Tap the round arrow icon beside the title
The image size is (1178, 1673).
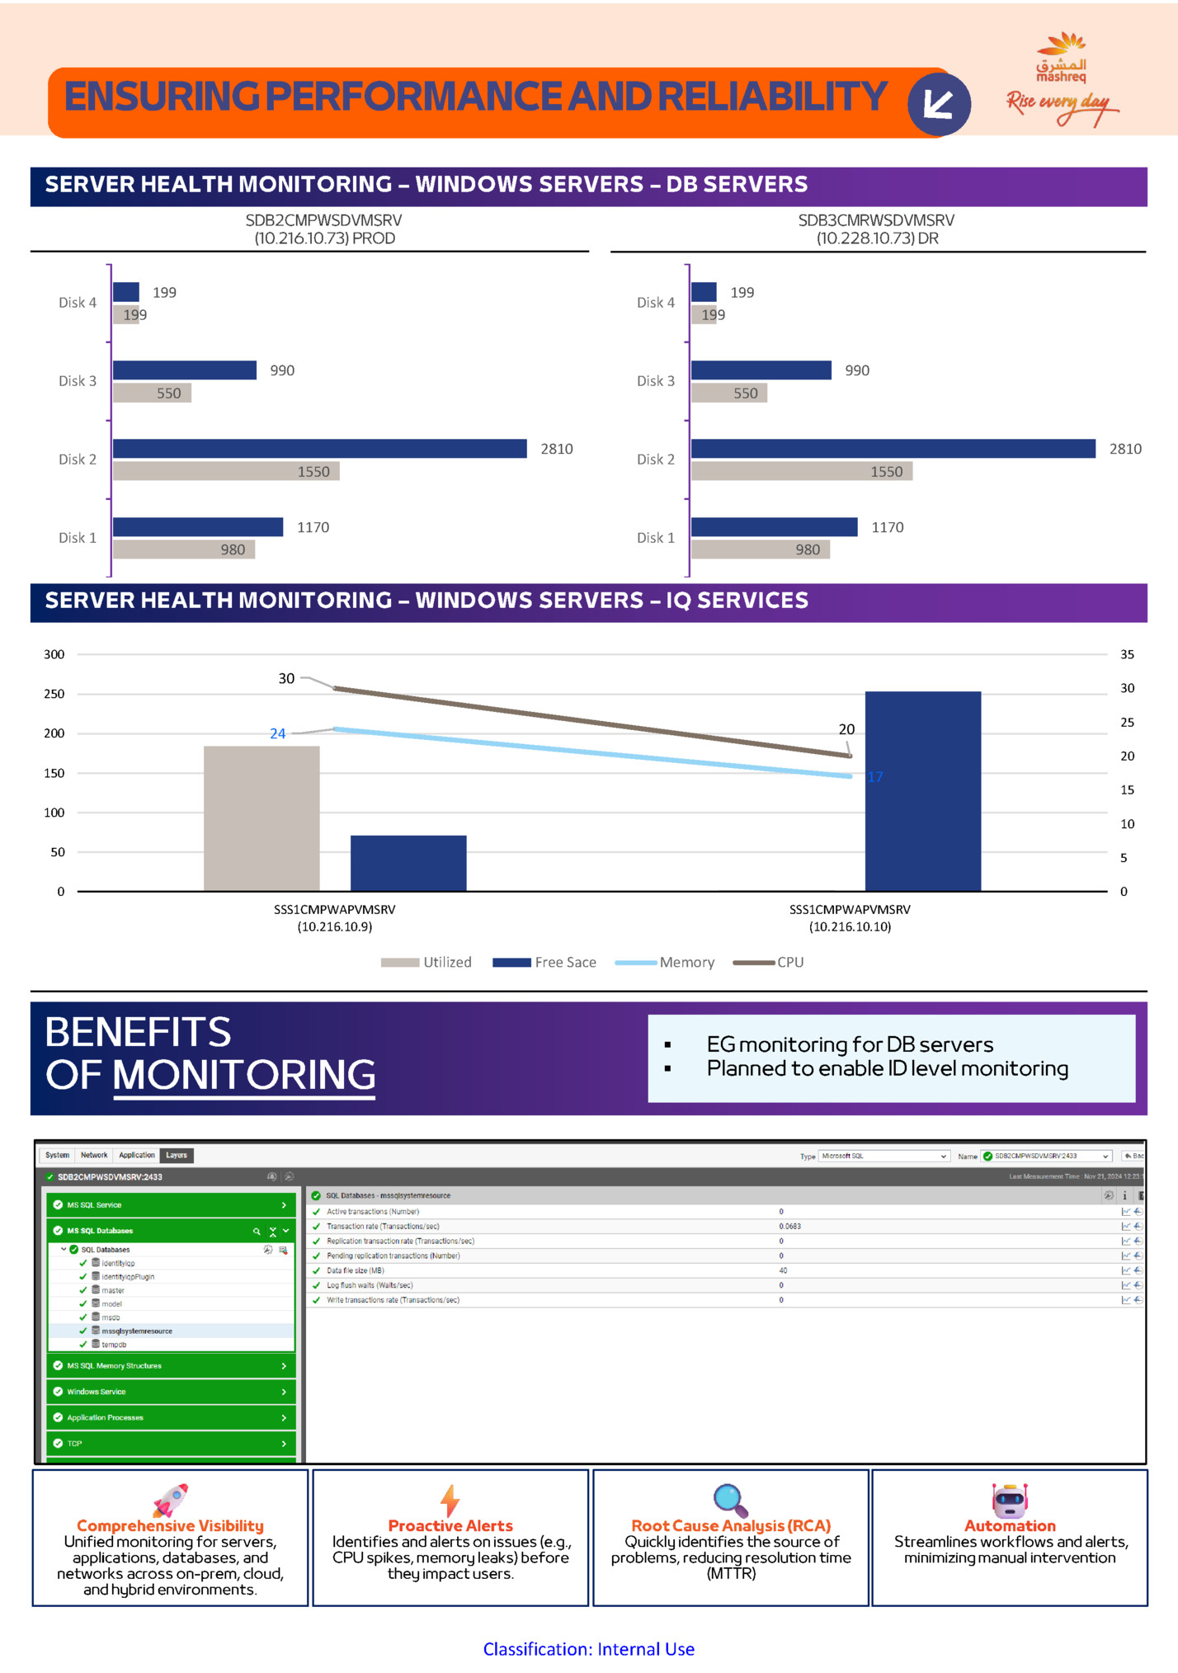[939, 104]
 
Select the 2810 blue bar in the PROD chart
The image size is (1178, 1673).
[319, 448]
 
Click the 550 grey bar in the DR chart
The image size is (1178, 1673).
[728, 393]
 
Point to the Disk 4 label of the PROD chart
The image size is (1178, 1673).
[78, 303]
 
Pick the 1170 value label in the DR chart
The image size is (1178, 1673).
[887, 527]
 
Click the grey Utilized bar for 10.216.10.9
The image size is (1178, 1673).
[262, 818]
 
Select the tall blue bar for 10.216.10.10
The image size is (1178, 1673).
[922, 791]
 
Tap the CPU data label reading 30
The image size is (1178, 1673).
[286, 678]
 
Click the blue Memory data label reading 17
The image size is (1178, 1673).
[875, 777]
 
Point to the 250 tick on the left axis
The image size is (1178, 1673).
[54, 694]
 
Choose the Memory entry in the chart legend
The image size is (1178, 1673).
[686, 962]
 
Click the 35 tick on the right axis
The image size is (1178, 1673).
[1127, 654]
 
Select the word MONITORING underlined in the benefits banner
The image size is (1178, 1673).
[244, 1075]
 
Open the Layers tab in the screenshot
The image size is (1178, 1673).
[177, 1155]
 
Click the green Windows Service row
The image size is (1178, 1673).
[171, 1392]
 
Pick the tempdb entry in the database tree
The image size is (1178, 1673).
[114, 1345]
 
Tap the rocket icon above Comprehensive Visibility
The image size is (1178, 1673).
[172, 1499]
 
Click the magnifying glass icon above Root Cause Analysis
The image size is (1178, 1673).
[730, 1500]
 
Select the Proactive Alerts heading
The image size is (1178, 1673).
[450, 1525]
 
